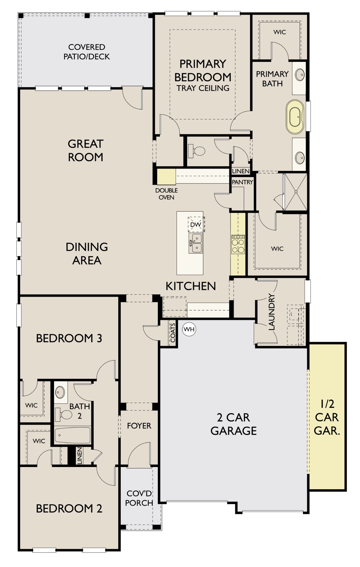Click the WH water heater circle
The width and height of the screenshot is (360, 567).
[189, 329]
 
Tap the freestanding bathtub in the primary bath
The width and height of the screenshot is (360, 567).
[295, 117]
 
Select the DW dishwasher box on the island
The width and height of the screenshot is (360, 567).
[196, 224]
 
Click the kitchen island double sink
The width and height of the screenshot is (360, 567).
[196, 243]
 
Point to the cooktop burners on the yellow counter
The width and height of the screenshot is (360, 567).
[238, 244]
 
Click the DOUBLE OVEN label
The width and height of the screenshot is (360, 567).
[166, 194]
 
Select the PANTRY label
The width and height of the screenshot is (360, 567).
[242, 182]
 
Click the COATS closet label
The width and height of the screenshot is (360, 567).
[173, 333]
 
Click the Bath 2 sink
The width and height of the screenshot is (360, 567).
[60, 392]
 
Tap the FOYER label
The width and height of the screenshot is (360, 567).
[139, 426]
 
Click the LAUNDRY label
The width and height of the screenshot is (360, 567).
[272, 312]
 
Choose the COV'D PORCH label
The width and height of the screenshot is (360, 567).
[139, 498]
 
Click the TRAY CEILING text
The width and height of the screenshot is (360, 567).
[203, 88]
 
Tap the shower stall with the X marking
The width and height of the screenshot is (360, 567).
[296, 192]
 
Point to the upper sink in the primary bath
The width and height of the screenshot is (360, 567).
[300, 74]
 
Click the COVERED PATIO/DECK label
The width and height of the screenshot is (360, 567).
[87, 52]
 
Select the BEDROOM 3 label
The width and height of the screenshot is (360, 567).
[69, 338]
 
